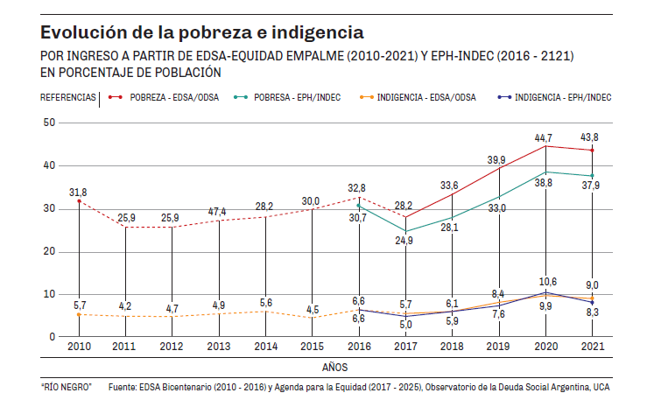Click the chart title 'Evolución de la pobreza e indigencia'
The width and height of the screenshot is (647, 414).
201,33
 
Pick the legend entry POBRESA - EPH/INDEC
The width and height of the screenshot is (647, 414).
297,98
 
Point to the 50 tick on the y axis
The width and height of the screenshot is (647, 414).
48,123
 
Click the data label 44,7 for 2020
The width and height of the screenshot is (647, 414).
545,137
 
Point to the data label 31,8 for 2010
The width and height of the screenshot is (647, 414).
78,192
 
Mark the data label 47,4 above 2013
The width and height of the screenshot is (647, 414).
219,212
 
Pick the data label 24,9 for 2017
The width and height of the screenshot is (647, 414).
404,241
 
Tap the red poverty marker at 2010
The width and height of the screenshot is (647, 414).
80,201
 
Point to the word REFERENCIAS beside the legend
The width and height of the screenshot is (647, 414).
68,98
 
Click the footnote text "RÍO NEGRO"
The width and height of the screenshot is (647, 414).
66,386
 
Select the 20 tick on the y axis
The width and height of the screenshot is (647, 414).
48,251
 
